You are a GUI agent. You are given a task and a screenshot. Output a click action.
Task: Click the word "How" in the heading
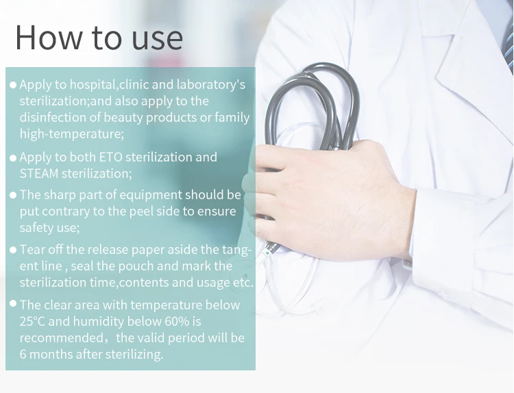(x=49, y=38)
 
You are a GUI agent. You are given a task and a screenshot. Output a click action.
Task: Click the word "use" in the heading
(x=157, y=40)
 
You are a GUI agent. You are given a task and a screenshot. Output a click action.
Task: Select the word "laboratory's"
(x=211, y=85)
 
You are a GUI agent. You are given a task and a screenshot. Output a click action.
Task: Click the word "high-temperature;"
(x=72, y=134)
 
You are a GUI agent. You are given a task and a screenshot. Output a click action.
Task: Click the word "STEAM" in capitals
(x=39, y=174)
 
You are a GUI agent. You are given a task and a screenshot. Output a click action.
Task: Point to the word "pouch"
(x=132, y=266)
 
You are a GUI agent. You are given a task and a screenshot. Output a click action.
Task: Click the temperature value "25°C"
(x=32, y=321)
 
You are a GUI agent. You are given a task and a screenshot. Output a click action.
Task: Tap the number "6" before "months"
(x=23, y=354)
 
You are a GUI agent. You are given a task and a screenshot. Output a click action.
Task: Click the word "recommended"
(x=61, y=338)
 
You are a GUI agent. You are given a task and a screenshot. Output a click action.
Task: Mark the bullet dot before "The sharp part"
(x=13, y=195)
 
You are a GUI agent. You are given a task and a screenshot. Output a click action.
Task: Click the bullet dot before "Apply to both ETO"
(x=13, y=158)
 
